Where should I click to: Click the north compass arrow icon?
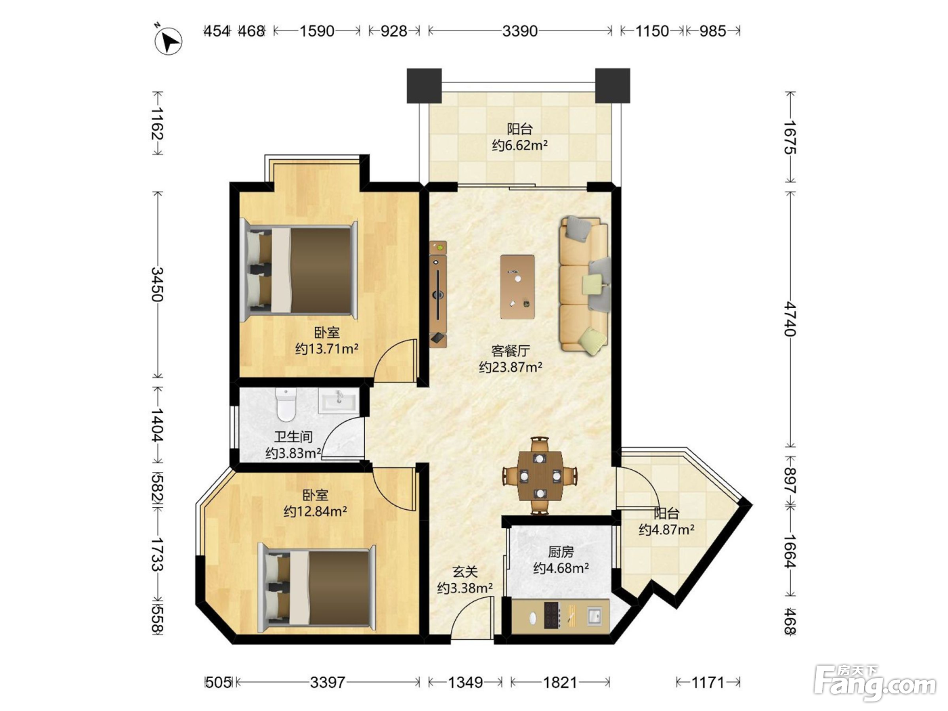169,41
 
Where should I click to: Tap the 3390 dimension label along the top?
519,31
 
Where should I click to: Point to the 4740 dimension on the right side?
790,319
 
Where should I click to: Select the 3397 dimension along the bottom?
328,682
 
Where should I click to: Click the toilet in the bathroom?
286,404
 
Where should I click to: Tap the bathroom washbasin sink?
338,401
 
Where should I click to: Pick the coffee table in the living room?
517,286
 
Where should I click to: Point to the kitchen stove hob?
551,614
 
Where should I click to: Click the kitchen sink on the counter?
595,616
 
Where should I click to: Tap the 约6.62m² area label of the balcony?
519,146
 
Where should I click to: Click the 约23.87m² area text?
511,368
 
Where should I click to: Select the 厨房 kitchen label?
561,552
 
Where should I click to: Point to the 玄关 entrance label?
465,572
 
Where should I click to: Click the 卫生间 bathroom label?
293,437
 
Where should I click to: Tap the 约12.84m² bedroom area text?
316,511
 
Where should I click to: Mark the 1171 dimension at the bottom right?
708,682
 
